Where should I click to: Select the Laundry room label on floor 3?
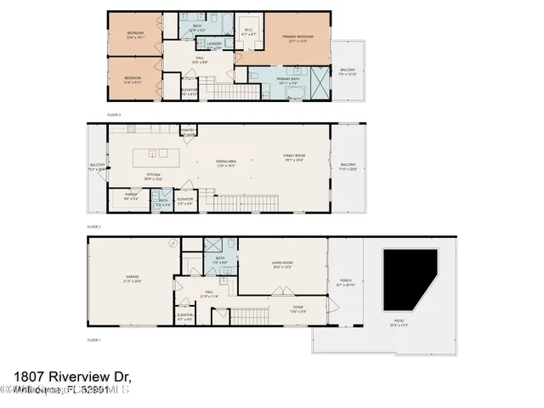coord(214,45)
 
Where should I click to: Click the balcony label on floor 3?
coord(347,72)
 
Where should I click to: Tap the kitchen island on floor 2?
coord(158,155)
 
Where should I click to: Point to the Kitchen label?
coord(153,177)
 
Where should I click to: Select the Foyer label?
coord(297,308)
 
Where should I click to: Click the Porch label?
coord(345,281)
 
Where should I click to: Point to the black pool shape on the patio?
coord(408,279)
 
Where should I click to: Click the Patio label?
coord(399,324)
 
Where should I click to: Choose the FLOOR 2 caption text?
coord(94,228)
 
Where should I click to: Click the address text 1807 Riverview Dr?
coord(73,375)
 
